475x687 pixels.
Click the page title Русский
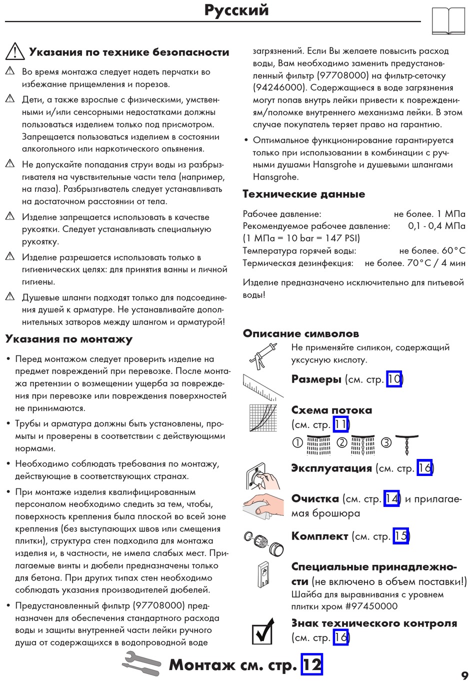coord(236,10)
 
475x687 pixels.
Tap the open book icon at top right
coord(448,21)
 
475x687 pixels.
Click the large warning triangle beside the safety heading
coord(15,51)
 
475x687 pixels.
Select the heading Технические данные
coord(303,194)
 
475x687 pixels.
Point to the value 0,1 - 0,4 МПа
coord(436,226)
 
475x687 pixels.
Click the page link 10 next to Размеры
coord(394,379)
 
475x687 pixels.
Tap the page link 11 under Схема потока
coord(340,424)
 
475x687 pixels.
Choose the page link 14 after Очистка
coord(391,498)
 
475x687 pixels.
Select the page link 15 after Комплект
coord(400,536)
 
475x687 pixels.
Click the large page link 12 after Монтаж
coord(311,664)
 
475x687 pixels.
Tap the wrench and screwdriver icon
coord(141,663)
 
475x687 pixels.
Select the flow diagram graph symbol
coord(263,417)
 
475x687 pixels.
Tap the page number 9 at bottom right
coord(464,675)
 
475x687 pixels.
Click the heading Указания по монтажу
coord(69,339)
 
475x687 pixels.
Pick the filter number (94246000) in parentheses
coord(279,87)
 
